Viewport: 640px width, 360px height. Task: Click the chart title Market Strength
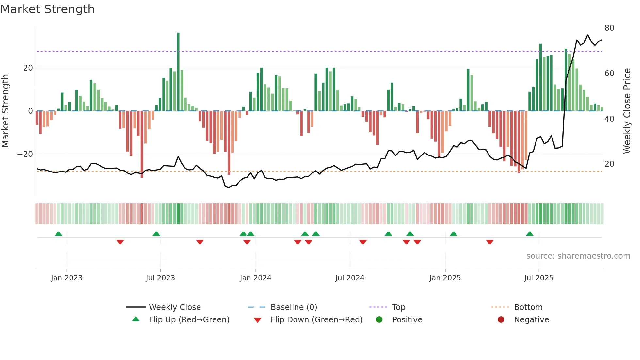[x=48, y=9]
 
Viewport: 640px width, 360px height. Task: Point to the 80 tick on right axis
[x=609, y=28]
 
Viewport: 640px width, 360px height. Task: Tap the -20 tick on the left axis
[x=25, y=154]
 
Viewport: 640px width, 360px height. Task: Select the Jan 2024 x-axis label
[x=255, y=278]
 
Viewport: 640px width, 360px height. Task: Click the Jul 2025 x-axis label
[x=538, y=278]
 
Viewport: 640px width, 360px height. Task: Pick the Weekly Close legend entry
[x=174, y=307]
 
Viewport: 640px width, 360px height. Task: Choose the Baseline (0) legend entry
[x=294, y=307]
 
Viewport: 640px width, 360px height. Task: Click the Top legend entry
[x=398, y=307]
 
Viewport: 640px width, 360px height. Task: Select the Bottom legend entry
[x=528, y=307]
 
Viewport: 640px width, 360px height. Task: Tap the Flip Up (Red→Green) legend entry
[x=189, y=320]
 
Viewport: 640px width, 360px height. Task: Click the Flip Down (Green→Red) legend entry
[x=316, y=320]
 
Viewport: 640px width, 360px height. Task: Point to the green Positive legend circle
[x=379, y=319]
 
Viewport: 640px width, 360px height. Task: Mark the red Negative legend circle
[x=501, y=319]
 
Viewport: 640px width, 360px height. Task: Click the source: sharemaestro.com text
[x=578, y=256]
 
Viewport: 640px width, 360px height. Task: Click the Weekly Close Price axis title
[x=627, y=111]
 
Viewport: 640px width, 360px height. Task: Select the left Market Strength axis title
[x=6, y=111]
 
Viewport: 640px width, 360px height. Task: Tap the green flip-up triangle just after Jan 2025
[x=453, y=234]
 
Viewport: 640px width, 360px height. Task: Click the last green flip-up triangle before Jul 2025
[x=529, y=234]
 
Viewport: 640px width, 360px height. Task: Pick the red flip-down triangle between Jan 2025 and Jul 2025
[x=489, y=242]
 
